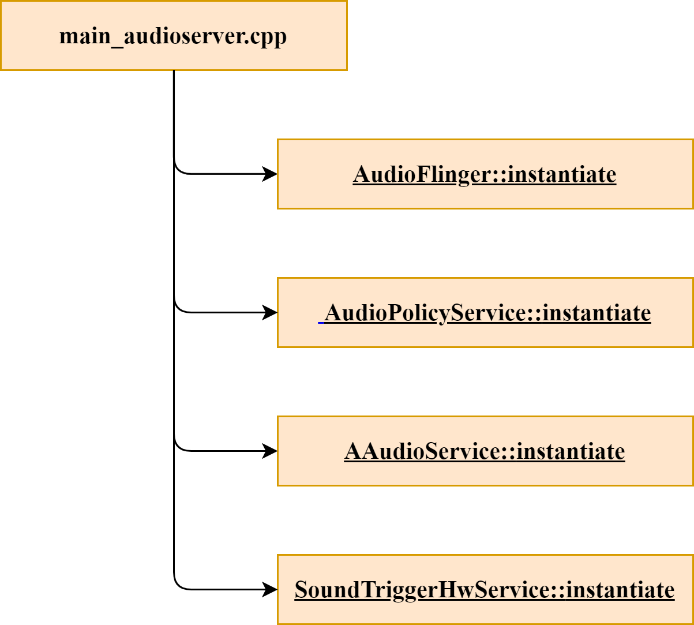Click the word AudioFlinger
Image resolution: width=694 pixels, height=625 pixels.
coord(421,174)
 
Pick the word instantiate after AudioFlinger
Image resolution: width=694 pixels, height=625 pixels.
coord(562,174)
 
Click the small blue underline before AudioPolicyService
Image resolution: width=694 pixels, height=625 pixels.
coord(321,321)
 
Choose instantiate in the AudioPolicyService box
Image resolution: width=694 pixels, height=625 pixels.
coord(597,313)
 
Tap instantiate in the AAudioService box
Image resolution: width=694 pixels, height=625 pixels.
coord(571,451)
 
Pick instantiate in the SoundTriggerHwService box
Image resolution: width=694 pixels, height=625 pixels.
coord(620,590)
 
